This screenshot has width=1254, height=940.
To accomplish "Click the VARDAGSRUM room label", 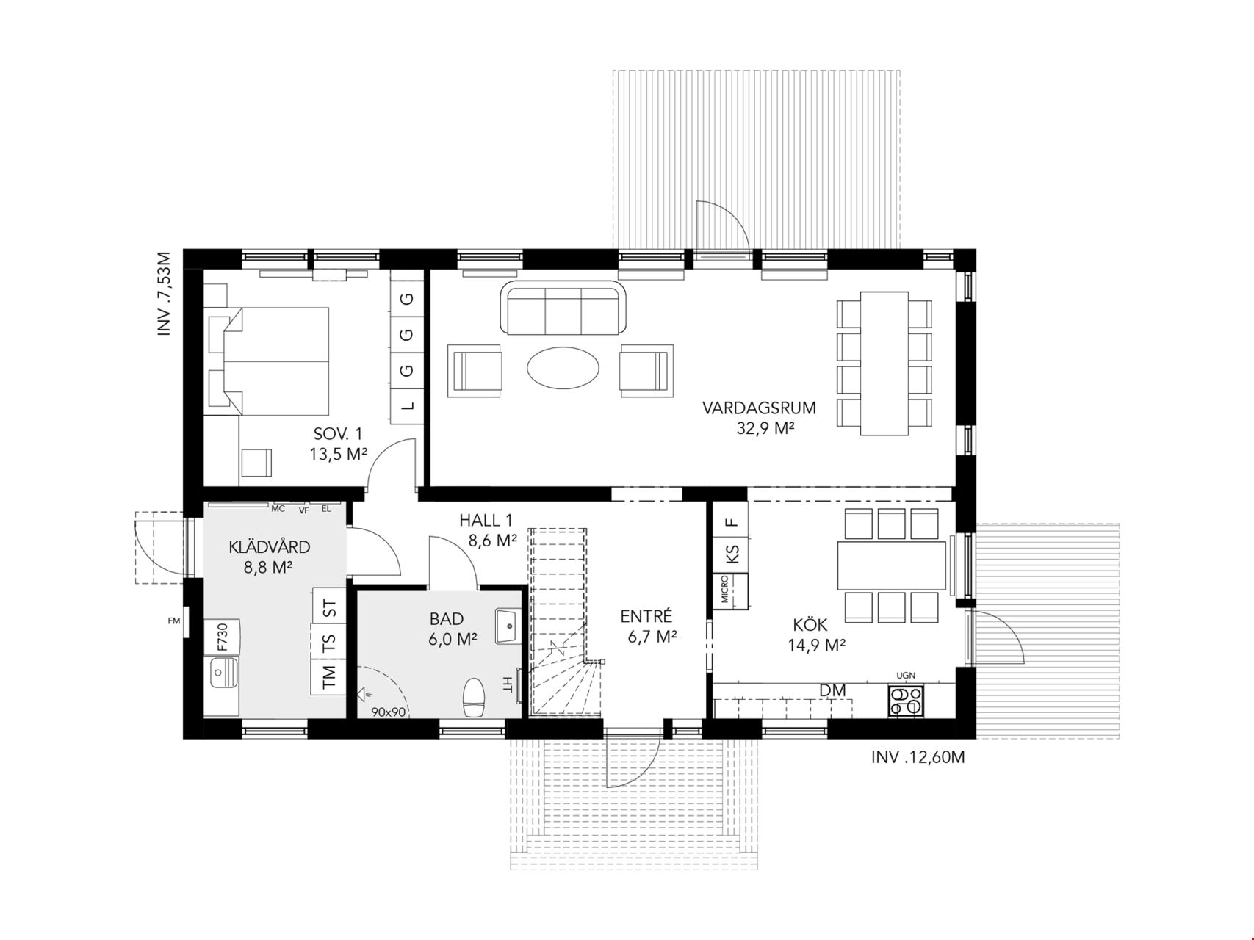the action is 759,408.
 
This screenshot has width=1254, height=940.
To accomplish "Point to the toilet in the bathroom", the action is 474,696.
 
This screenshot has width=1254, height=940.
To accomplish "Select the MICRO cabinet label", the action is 724,589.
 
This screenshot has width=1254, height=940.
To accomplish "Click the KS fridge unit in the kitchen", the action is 731,552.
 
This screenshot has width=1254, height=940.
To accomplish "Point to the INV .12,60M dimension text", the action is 918,757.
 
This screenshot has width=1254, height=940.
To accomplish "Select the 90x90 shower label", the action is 389,712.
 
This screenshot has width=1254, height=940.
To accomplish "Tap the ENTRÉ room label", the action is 646,616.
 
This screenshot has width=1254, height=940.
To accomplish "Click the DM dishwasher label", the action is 832,690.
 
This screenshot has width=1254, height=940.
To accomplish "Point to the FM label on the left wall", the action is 174,621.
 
